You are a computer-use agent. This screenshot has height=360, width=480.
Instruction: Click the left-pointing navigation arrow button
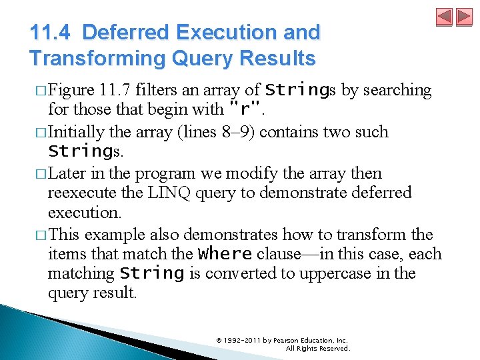coord(445,17)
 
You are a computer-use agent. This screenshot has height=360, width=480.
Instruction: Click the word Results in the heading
coord(277,58)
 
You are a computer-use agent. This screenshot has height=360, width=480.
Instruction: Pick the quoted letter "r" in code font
coord(244,108)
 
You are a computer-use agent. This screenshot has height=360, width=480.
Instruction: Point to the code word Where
coord(225,254)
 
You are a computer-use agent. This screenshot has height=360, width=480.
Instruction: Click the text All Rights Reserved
coord(317,349)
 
